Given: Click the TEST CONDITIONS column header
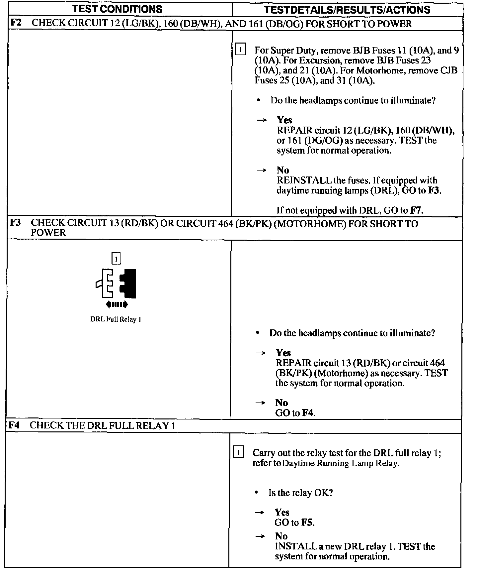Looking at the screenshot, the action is (118, 9).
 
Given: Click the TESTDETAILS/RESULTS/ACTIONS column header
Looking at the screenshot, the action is (347, 10).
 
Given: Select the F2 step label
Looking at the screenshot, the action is (16, 23).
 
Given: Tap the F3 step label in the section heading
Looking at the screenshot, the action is (15, 222).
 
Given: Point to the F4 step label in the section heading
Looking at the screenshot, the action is (15, 425).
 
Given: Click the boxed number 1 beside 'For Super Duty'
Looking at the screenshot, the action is (240, 50).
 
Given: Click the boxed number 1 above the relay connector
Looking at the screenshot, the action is (116, 258).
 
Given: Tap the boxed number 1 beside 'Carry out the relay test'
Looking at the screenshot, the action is (239, 453).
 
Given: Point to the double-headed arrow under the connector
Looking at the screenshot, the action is (117, 304).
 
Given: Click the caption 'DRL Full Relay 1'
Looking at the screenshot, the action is (116, 319).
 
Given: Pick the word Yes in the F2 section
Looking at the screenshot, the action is (284, 120).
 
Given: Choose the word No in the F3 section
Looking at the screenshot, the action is (281, 403).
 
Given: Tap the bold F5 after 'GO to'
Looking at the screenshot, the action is (307, 522).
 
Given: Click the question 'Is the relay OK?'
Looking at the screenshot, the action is (300, 493).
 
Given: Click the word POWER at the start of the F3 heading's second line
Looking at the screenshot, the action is (48, 233).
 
